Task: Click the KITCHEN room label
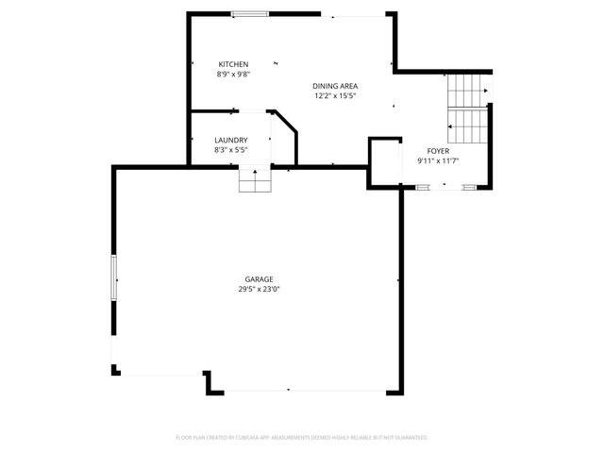[x=233, y=64]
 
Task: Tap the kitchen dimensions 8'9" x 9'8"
[x=233, y=74]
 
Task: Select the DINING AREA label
[x=335, y=86]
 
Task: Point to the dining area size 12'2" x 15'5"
[x=335, y=95]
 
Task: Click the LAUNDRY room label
[x=231, y=141]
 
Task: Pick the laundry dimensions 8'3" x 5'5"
[x=231, y=150]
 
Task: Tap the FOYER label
[x=438, y=151]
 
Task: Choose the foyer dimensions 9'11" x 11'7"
[x=438, y=160]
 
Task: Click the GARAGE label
[x=260, y=279]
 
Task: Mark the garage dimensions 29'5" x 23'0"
[x=260, y=289]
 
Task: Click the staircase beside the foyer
[x=466, y=105]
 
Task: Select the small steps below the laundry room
[x=255, y=179]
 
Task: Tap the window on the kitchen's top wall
[x=249, y=13]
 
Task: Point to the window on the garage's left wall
[x=114, y=279]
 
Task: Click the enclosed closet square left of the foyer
[x=384, y=162]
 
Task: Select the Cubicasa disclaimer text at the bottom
[x=302, y=438]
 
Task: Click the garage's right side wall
[x=401, y=283]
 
